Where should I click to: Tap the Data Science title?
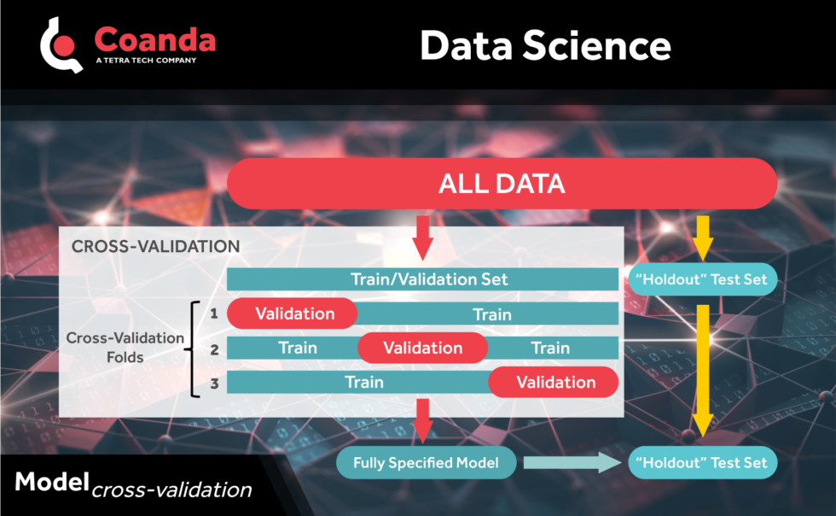coord(544,45)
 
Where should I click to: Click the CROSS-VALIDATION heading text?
coord(155,246)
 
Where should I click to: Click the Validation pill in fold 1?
coord(294,314)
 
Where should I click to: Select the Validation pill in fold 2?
coord(422,348)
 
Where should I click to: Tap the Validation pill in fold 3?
coord(554,382)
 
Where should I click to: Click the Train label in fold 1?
coord(492,314)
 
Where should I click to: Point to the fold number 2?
coord(214,349)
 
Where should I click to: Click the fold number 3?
coord(214,384)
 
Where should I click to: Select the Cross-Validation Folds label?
coord(125,347)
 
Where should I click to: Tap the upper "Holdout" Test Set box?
coord(702,279)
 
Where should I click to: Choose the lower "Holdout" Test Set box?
coord(702,464)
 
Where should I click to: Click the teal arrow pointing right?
coord(572,464)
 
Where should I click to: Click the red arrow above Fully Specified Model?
coord(421,419)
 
